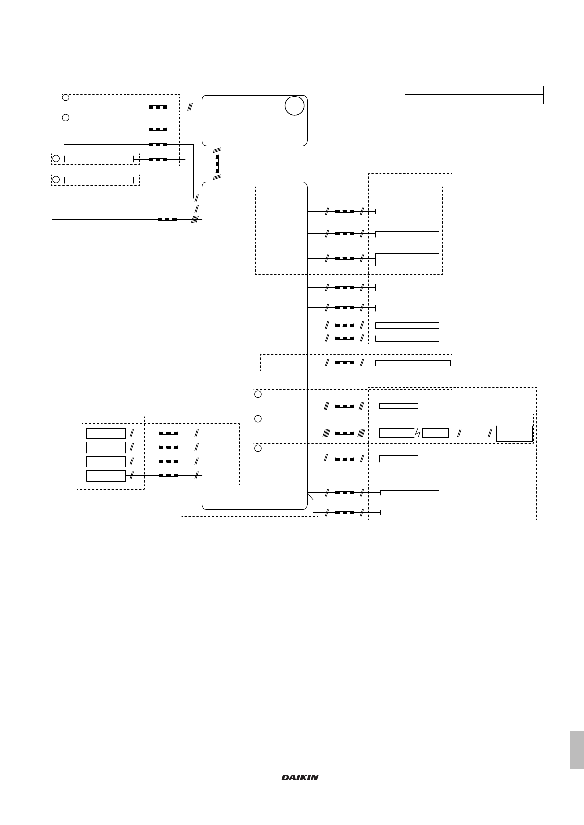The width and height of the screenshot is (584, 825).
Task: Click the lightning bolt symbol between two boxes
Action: click(418, 434)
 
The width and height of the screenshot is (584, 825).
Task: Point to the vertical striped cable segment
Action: click(217, 163)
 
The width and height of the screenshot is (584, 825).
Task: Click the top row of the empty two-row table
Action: click(474, 90)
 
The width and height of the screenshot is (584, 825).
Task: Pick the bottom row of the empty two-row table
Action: click(474, 99)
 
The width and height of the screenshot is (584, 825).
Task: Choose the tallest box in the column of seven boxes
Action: click(407, 260)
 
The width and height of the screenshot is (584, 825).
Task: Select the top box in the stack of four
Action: click(105, 434)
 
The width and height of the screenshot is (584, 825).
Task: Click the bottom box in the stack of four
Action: click(105, 476)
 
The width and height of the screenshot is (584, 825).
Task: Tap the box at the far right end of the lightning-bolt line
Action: click(514, 434)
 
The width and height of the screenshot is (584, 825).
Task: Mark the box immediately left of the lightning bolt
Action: click(397, 433)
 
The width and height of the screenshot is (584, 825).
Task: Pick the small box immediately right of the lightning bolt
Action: click(435, 433)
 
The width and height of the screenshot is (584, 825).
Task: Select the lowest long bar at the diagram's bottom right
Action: click(409, 512)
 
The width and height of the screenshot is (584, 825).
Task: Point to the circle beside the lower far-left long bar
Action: click(56, 180)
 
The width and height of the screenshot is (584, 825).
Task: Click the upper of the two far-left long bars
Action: click(99, 159)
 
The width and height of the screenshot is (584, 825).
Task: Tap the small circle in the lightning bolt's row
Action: click(258, 419)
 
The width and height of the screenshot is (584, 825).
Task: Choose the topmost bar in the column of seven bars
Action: click(405, 212)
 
